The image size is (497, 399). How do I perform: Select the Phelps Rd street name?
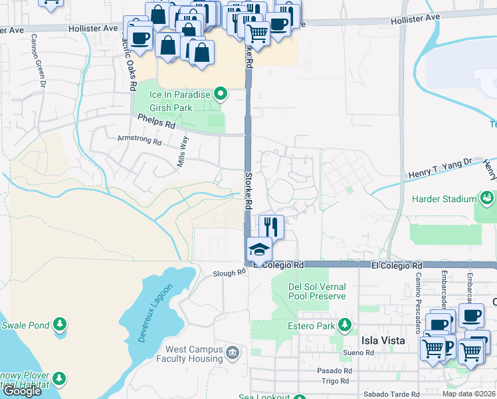pos(156,121)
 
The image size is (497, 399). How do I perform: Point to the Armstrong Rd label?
pos(139,141)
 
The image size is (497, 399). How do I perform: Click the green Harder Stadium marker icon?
pos(488,198)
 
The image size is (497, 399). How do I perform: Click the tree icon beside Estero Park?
pos(345,325)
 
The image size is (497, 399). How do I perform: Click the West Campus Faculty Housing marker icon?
pos(232,352)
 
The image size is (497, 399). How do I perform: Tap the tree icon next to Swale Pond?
pos(60,325)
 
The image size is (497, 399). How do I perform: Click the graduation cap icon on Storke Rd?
pos(258,250)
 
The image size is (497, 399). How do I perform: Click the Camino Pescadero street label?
pos(419,293)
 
